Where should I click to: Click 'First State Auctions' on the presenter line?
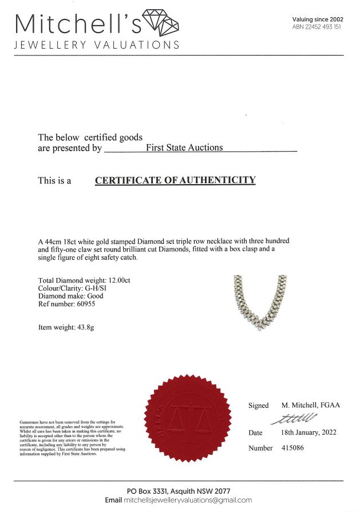click(184, 148)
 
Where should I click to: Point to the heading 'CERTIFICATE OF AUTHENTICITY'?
click(175, 180)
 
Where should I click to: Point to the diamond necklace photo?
click(261, 303)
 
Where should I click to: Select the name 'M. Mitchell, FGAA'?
click(311, 405)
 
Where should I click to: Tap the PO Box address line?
click(179, 491)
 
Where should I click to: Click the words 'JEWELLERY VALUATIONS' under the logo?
click(97, 45)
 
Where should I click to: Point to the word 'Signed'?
click(258, 406)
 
